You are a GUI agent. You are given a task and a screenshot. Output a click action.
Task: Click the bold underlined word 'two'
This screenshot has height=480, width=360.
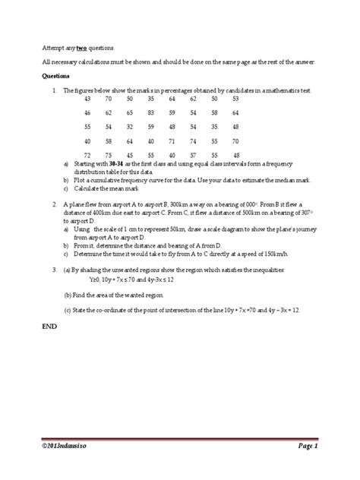pyautogui.click(x=81, y=46)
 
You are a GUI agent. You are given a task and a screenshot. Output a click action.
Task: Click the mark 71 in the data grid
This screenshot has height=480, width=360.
pyautogui.click(x=172, y=141)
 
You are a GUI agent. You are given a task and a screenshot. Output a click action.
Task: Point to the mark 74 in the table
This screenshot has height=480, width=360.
pyautogui.click(x=193, y=141)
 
